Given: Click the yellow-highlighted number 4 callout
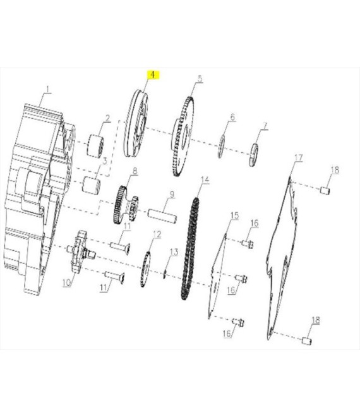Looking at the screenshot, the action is click(x=153, y=75).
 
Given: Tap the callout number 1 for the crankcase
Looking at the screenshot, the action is click(x=48, y=89).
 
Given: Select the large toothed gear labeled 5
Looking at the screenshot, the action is click(x=183, y=136).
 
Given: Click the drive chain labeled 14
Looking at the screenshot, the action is click(x=190, y=248).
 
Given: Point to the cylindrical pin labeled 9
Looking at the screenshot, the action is click(x=162, y=216).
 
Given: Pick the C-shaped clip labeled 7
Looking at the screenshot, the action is click(x=254, y=155).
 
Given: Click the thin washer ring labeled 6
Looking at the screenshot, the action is click(x=221, y=147).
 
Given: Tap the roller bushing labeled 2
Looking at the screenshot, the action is click(x=95, y=146).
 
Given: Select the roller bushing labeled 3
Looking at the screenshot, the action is click(x=91, y=184).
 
